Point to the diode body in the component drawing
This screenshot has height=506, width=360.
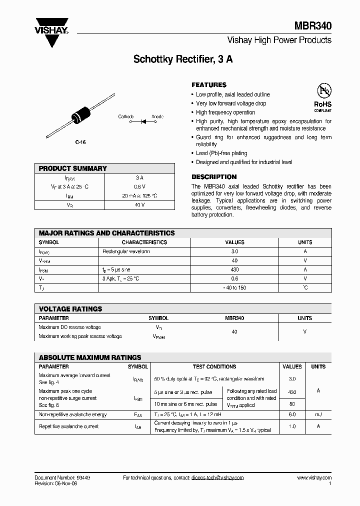(x=81, y=114)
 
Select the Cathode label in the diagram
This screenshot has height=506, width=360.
(x=125, y=116)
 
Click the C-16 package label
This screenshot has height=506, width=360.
(x=80, y=142)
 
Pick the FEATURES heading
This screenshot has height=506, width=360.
(x=209, y=85)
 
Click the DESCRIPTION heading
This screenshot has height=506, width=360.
(x=214, y=177)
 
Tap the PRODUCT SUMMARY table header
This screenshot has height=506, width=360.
(x=73, y=168)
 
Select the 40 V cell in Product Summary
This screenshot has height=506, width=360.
(x=139, y=204)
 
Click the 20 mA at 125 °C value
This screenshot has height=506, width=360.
(x=139, y=195)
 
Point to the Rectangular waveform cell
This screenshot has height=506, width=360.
(x=126, y=251)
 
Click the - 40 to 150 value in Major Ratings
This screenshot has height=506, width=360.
(x=235, y=287)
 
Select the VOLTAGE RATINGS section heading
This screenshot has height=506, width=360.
(x=70, y=309)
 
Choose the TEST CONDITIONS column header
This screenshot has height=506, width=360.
(x=214, y=366)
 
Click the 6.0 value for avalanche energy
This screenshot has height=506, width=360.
(x=292, y=414)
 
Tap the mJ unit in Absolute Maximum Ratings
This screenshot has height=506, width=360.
(x=318, y=414)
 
